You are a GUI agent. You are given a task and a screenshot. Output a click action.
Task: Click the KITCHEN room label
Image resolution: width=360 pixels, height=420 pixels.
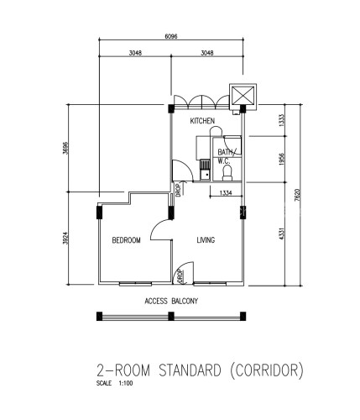click(x=202, y=121)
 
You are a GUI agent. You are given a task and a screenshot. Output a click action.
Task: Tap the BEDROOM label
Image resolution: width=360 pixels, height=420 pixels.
click(x=126, y=240)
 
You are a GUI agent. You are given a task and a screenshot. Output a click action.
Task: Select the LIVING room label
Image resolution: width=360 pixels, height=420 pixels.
click(x=206, y=240)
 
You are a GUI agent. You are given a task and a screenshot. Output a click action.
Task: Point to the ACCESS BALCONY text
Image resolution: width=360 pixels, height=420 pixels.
click(x=171, y=302)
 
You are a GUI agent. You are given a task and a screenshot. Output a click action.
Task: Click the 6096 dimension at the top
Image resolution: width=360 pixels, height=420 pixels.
click(x=171, y=36)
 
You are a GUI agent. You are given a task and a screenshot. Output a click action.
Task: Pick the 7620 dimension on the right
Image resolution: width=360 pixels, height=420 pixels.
click(x=297, y=195)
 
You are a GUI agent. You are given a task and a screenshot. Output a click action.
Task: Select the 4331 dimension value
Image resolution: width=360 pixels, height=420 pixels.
click(x=281, y=234)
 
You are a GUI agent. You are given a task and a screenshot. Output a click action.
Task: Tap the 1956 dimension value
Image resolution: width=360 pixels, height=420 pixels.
click(x=281, y=159)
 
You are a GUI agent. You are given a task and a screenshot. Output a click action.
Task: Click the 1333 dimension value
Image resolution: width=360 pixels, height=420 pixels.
click(x=281, y=120)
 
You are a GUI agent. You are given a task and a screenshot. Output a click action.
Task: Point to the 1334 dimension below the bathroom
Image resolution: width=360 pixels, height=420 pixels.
click(x=226, y=192)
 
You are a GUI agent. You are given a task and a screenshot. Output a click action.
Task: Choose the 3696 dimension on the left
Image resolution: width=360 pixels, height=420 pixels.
click(x=65, y=148)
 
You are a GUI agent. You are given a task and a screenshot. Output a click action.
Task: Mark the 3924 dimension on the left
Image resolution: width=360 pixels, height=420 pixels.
click(x=65, y=239)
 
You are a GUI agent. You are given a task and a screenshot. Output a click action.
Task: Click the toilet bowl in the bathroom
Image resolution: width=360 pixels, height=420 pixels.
click(x=227, y=173)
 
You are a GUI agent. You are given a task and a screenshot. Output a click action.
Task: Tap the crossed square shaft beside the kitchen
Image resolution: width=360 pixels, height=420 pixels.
click(x=243, y=95)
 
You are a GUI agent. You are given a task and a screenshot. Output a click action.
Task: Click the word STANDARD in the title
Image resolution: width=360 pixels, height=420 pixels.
click(x=190, y=370)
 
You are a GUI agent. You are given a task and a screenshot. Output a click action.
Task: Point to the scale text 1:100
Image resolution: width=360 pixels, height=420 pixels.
click(x=126, y=383)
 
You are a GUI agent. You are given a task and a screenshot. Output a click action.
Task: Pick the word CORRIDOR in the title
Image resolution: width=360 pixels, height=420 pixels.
click(x=267, y=370)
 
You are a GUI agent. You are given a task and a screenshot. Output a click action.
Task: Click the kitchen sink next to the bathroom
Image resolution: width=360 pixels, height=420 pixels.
click(x=205, y=170)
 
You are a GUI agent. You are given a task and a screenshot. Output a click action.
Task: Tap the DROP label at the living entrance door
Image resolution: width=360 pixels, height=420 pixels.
click(x=180, y=276)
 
